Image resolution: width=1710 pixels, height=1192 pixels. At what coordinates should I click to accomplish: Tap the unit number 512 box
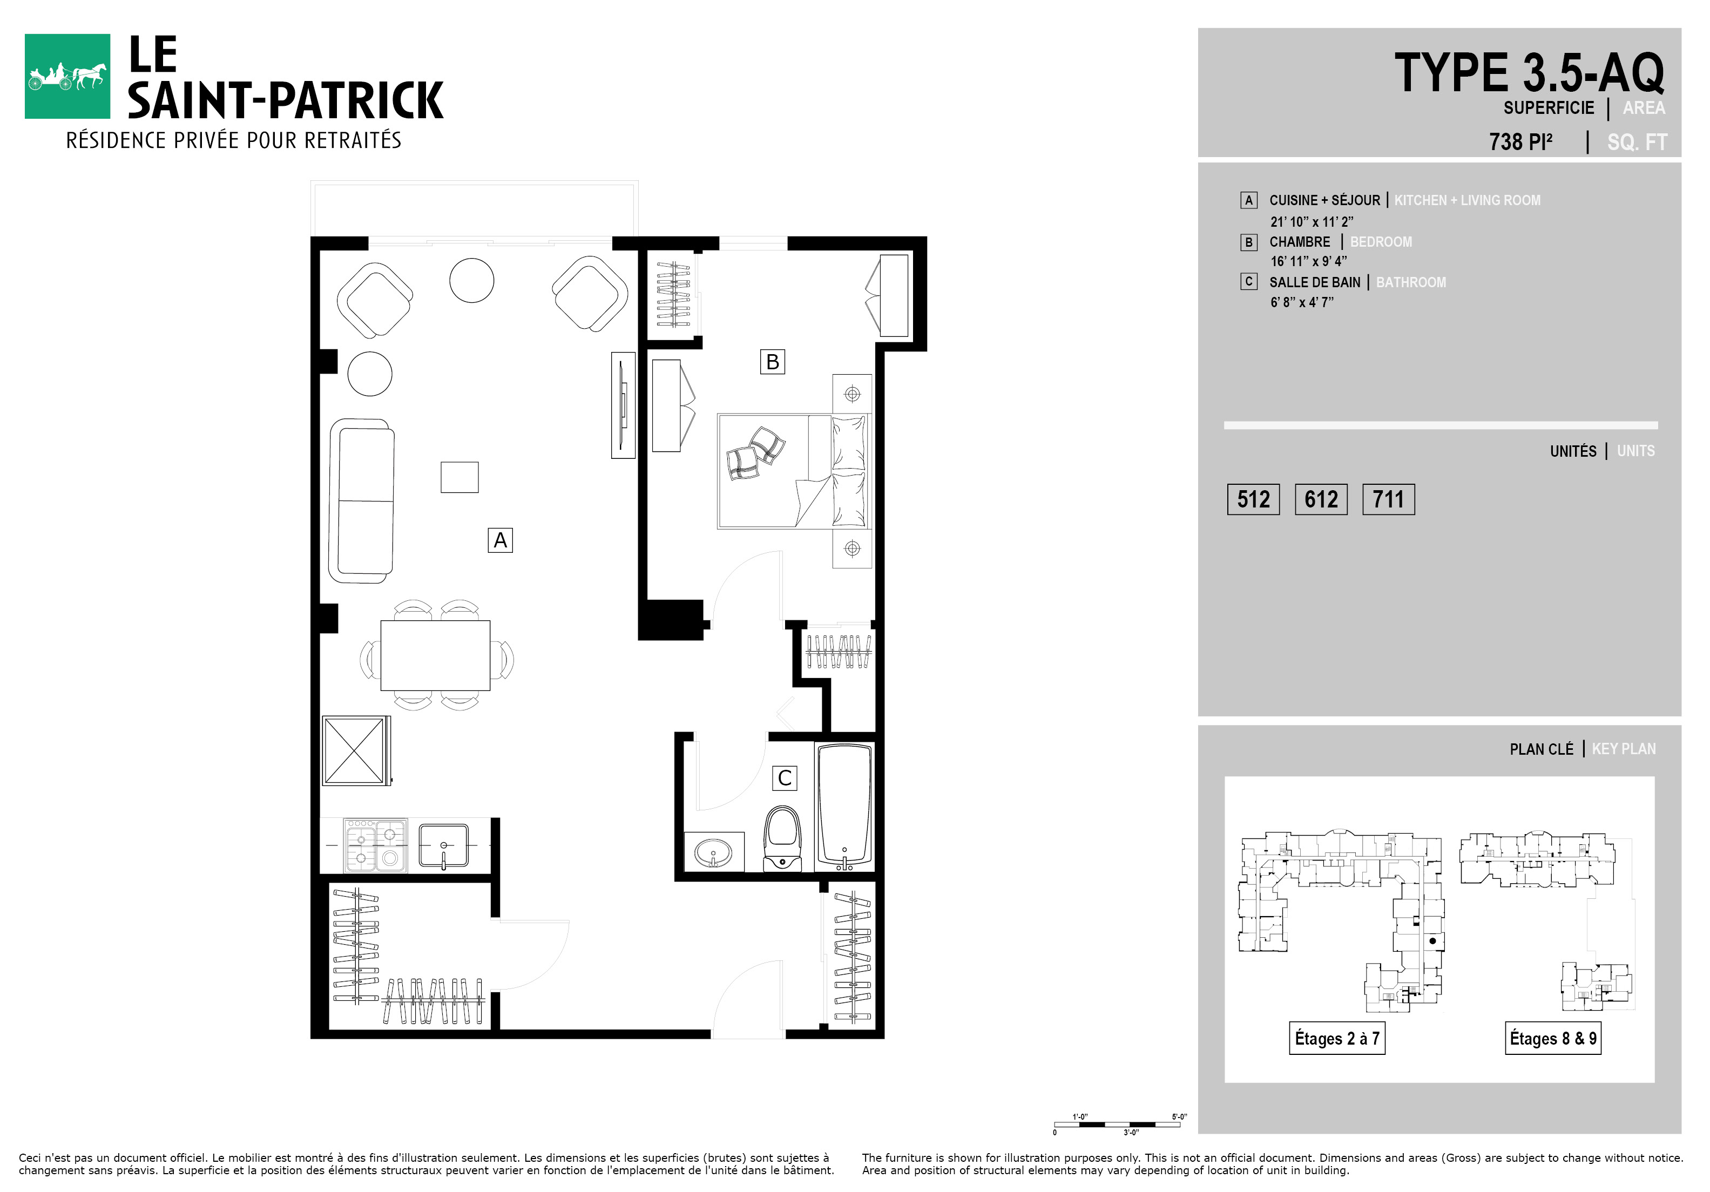coord(1253,499)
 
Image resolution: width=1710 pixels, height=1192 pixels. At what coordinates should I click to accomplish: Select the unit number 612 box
coord(1321,499)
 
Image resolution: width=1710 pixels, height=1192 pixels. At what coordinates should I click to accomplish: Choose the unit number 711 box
coord(1388,499)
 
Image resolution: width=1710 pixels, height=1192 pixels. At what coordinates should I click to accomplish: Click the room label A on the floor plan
coord(501,540)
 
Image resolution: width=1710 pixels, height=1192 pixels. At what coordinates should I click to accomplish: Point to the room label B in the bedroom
coord(772,362)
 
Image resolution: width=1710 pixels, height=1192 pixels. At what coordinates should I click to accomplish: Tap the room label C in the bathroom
coord(784,778)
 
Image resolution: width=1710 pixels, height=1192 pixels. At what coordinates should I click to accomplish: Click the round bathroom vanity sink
coord(713,852)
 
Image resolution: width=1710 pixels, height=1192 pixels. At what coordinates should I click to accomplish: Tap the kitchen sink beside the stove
coord(444,846)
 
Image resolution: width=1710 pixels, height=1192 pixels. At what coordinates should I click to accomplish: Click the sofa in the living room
coord(362,500)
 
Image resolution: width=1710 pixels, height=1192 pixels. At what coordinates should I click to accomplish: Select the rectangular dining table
coord(436,655)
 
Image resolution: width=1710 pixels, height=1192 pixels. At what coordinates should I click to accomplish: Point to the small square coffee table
coord(459,477)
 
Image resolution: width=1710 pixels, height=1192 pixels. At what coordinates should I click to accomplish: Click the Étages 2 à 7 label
coord(1337,1038)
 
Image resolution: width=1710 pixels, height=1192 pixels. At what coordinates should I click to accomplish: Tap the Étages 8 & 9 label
coord(1553,1038)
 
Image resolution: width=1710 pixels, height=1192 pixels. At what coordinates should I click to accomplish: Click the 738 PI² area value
coord(1521,141)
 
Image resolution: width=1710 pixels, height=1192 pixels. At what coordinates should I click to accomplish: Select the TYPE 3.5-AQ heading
coord(1529,73)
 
